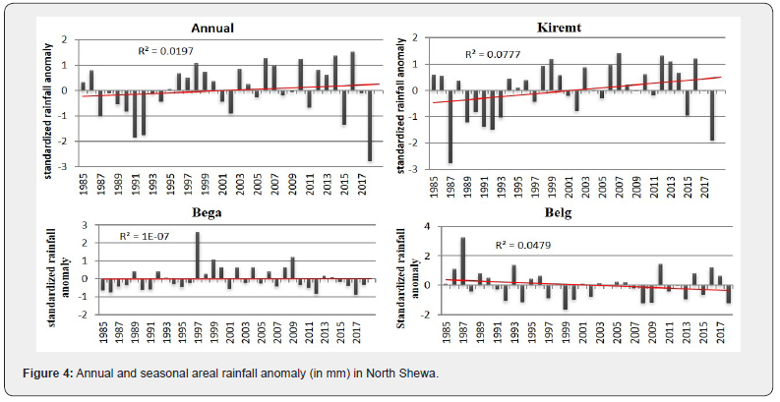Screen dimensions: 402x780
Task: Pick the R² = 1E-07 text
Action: [x=145, y=237]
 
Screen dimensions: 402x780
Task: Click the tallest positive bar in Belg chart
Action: [x=462, y=260]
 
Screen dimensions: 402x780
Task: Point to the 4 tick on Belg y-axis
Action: [x=430, y=226]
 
